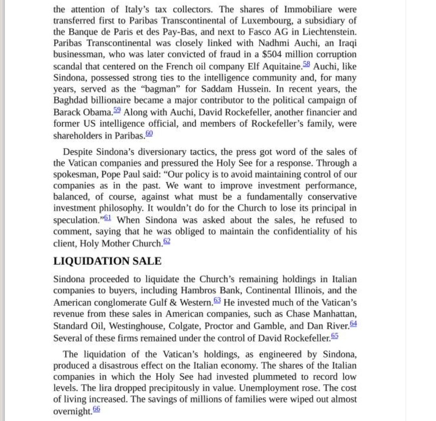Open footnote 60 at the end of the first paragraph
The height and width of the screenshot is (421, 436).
point(149,134)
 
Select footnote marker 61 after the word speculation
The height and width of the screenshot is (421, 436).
point(108,218)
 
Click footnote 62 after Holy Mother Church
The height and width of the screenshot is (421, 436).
point(167,241)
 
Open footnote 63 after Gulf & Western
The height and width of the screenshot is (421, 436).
point(217,300)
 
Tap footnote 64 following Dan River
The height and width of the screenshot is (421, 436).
point(353,323)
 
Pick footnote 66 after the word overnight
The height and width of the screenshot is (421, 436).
point(96,409)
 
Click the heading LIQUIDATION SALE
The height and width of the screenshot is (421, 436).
point(107,262)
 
